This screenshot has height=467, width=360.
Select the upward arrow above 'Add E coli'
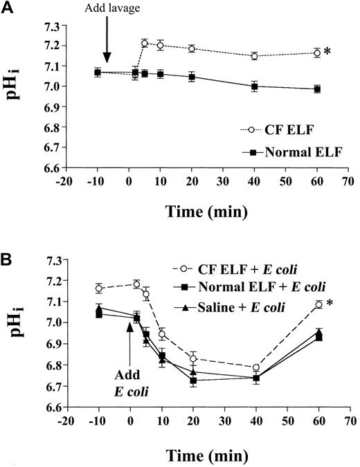coord(129,339)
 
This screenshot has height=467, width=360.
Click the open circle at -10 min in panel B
coord(98,288)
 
